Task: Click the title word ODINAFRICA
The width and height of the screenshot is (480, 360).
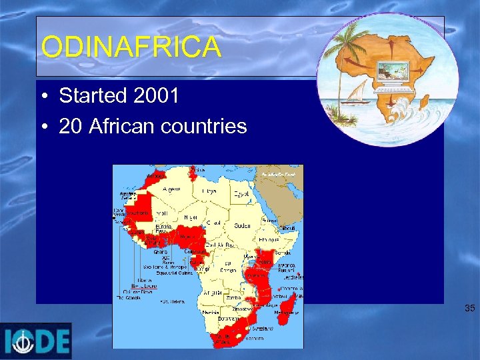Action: (x=131, y=47)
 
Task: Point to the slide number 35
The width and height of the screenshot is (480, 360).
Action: (x=470, y=309)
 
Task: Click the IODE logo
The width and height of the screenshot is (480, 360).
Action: (x=36, y=341)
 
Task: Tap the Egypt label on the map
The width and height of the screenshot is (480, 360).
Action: (x=241, y=194)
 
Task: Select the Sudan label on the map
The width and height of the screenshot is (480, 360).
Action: (x=243, y=226)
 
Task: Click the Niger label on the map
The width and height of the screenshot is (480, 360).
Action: (x=191, y=217)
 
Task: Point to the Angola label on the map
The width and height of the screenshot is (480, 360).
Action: (x=214, y=293)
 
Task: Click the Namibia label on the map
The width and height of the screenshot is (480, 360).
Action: (x=212, y=312)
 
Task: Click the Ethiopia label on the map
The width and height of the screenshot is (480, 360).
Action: (x=270, y=238)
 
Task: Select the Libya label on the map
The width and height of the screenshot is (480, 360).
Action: (x=209, y=192)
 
